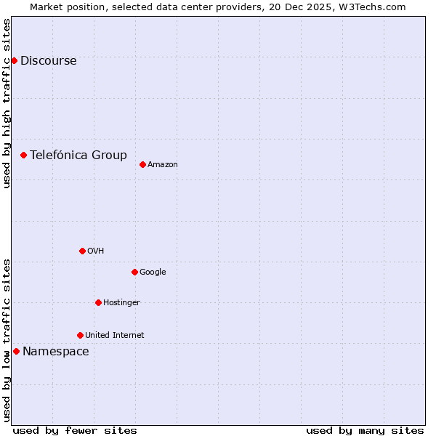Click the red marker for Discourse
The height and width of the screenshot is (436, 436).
click(14, 60)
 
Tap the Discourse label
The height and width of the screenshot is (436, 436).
click(48, 61)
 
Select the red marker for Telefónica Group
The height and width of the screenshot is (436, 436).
click(23, 155)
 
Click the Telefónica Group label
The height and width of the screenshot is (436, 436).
click(78, 155)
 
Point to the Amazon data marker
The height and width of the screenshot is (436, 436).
click(142, 164)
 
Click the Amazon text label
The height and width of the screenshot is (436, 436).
click(163, 165)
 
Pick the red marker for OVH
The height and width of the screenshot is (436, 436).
click(82, 251)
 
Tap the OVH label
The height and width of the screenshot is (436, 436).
click(95, 251)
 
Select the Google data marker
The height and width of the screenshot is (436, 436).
click(134, 272)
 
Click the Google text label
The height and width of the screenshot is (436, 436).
click(153, 272)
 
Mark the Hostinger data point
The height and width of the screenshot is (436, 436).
click(98, 302)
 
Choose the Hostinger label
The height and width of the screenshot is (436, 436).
click(121, 303)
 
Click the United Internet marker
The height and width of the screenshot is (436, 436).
click(80, 335)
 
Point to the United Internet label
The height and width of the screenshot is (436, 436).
click(114, 336)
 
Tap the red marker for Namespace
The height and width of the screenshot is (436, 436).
click(16, 351)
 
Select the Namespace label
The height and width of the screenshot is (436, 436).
click(55, 352)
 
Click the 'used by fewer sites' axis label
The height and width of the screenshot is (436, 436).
click(75, 430)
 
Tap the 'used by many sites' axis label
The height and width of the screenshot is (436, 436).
click(365, 430)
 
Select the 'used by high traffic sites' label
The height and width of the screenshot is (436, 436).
click(7, 103)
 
